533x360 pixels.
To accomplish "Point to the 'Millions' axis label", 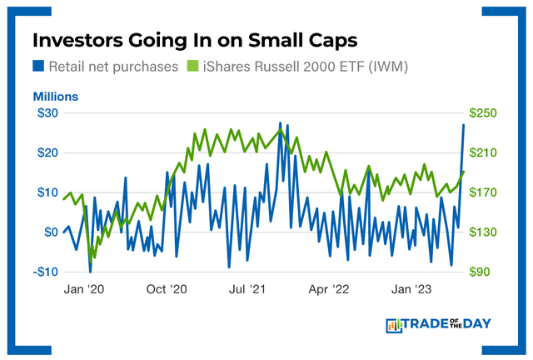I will tap(55, 97).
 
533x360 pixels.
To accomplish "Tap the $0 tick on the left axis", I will tap(49, 232).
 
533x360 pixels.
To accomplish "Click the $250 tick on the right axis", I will tap(485, 113).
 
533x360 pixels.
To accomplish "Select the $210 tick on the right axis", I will tap(485, 152).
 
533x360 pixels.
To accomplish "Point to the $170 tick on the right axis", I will tap(485, 192).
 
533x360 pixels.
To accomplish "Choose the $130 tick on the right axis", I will tap(485, 232).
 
